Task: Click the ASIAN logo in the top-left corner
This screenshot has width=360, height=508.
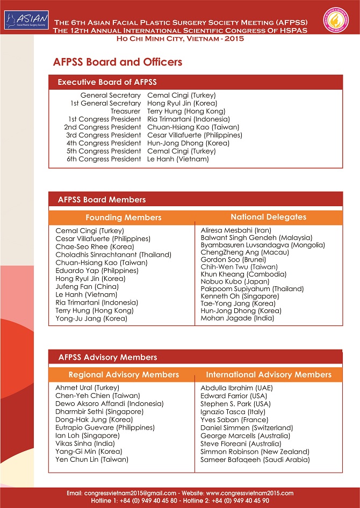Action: [26, 20]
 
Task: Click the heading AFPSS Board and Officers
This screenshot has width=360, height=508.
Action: [118, 62]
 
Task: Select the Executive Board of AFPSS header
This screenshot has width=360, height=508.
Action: [107, 82]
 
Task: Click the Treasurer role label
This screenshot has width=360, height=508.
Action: [126, 111]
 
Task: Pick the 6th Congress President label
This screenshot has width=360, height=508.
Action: [104, 159]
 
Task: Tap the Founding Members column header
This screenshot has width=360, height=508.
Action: [123, 217]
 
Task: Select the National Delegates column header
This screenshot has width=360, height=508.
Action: [268, 217]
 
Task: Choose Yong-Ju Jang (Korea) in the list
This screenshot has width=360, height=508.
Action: [91, 318]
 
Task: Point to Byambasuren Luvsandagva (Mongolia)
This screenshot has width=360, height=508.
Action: [262, 245]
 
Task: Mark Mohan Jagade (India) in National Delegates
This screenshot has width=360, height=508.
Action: [237, 318]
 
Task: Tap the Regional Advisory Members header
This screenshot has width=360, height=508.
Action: [124, 374]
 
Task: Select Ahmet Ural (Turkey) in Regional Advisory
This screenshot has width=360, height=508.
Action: [88, 388]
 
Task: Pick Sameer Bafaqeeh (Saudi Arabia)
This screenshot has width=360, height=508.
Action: [255, 460]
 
